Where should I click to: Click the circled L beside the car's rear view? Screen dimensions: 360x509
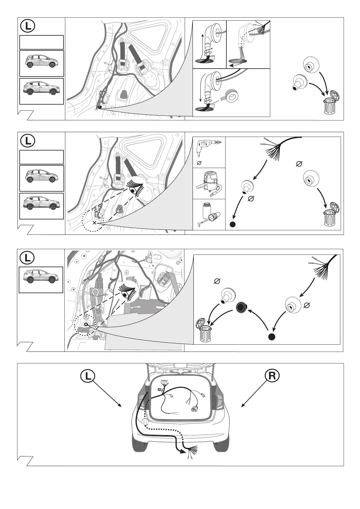[x=88, y=376]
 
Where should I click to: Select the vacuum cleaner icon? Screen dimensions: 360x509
[x=209, y=183]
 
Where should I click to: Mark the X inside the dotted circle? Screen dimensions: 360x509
[x=95, y=223]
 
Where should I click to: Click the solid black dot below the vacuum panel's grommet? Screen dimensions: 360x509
[x=232, y=224]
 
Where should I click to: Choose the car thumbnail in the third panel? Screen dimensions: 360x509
[x=41, y=280]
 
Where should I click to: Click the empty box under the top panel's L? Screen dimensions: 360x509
[x=41, y=42]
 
